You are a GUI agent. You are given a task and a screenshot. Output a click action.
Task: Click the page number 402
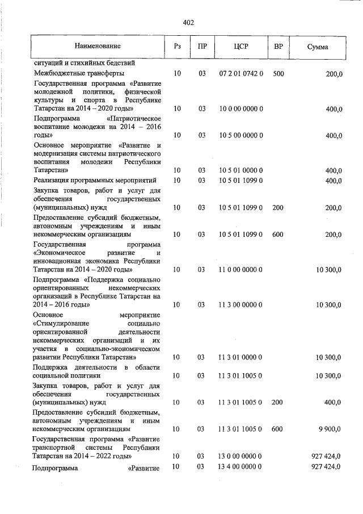pos(188,23)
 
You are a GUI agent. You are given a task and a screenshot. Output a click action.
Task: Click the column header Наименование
pos(96,45)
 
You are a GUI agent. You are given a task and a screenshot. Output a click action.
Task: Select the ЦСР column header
pos(240,46)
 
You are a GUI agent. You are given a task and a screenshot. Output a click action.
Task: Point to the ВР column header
pos(278,46)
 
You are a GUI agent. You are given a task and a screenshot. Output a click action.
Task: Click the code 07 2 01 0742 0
pos(240,74)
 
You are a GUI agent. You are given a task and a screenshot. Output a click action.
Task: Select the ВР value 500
pos(278,74)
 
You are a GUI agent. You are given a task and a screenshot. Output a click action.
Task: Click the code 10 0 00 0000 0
pos(240,108)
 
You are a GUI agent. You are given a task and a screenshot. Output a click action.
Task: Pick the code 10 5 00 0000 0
pos(240,135)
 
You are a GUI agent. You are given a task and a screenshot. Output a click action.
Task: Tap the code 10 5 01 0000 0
pos(240,170)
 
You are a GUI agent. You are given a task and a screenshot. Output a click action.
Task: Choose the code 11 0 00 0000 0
pos(240,270)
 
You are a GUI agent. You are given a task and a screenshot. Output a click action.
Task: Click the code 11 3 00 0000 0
pos(240,305)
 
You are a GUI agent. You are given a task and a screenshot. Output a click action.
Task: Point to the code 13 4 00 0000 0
pos(240,466)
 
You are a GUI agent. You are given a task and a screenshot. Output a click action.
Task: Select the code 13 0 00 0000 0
pos(240,456)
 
